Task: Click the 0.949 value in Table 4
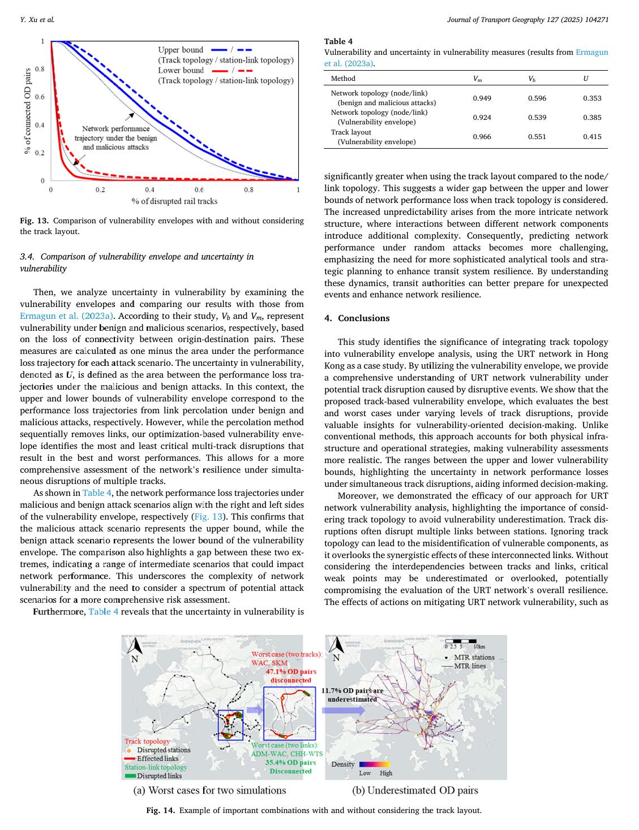482,98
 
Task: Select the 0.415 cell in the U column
592,137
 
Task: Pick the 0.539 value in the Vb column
537,118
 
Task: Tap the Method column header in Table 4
343,79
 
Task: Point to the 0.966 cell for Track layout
482,137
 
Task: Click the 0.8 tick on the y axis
40,69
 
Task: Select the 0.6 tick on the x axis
199,190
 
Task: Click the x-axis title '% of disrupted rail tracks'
174,201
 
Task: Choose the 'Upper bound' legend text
181,50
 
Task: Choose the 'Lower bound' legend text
181,71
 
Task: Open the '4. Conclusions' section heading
357,318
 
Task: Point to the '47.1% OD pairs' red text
291,672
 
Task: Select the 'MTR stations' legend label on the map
474,658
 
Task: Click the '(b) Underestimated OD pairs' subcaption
415,790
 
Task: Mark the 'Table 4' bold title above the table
338,41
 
